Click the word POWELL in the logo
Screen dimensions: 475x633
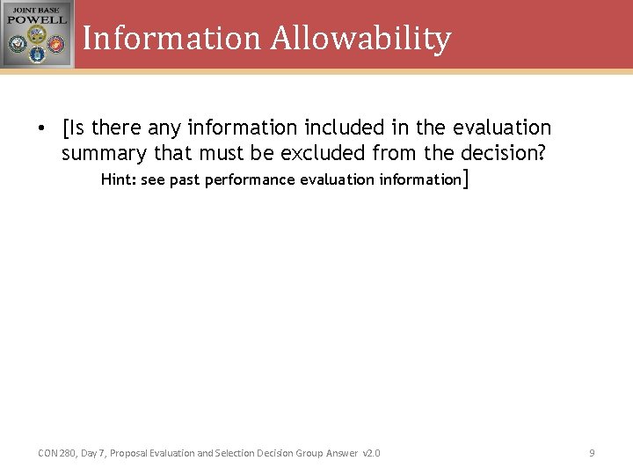(37, 19)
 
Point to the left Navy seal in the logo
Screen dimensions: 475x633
(17, 44)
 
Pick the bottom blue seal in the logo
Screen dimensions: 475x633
(37, 55)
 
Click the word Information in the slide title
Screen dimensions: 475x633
(172, 38)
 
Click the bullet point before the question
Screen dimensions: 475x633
(41, 128)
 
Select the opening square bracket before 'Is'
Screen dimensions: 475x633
(66, 128)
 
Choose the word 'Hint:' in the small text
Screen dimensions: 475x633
(118, 179)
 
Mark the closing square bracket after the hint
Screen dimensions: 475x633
(465, 179)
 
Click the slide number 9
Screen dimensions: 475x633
(592, 453)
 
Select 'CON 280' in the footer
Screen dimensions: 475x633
(56, 453)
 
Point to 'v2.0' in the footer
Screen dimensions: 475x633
(371, 453)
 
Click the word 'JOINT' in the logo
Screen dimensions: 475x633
(24, 9)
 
